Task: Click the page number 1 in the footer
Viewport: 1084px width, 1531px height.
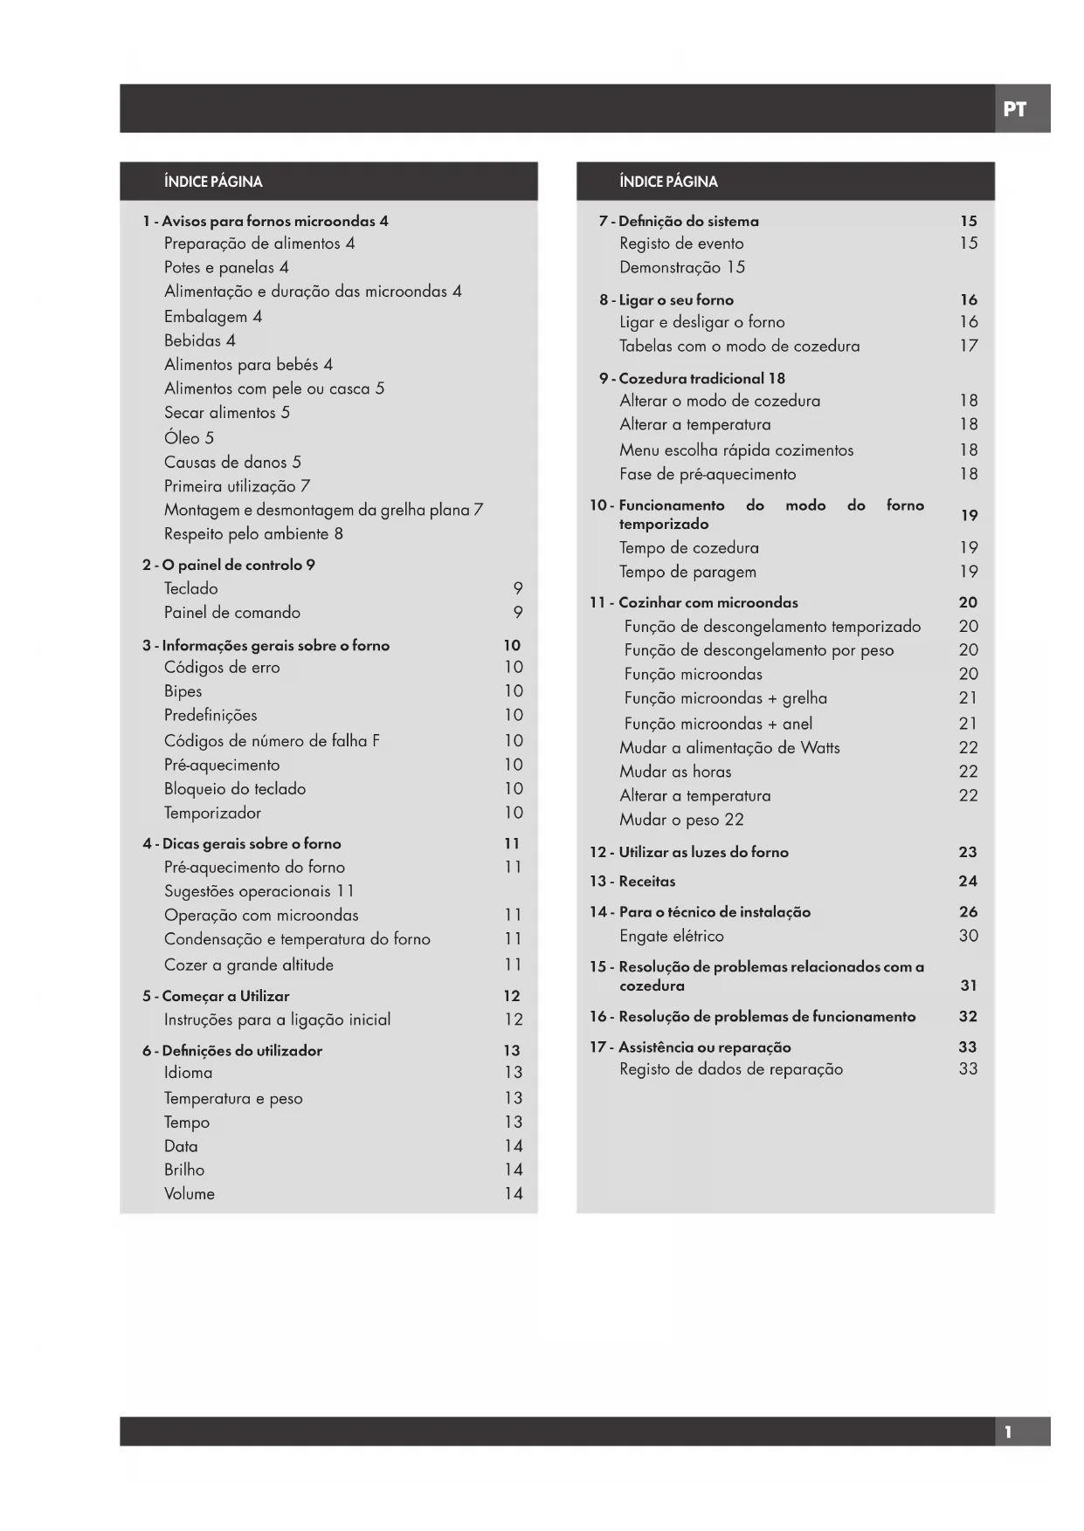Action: click(1008, 1432)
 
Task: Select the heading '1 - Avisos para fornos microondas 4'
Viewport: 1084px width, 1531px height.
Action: click(265, 221)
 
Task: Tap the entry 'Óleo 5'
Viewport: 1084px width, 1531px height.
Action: click(189, 437)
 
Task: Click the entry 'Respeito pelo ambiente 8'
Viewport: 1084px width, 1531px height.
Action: click(253, 533)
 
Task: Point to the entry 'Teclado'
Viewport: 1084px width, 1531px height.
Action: click(190, 588)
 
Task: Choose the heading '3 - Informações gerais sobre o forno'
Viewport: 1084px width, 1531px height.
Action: click(266, 645)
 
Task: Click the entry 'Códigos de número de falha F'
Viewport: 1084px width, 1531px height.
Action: click(272, 740)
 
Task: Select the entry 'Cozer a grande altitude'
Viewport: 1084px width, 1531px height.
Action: click(248, 965)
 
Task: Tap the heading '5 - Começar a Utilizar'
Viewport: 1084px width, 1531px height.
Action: click(215, 996)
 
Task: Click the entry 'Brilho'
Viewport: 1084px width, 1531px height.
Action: click(184, 1170)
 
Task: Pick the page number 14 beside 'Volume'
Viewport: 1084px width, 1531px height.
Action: click(513, 1193)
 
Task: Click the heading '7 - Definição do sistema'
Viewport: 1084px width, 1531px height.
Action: click(678, 221)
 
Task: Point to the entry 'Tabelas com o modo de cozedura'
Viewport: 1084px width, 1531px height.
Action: click(739, 346)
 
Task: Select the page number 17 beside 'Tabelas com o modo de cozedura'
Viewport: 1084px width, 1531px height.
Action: click(968, 346)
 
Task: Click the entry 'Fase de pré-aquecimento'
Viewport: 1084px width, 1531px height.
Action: click(708, 474)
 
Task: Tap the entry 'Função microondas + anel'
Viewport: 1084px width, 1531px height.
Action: click(718, 724)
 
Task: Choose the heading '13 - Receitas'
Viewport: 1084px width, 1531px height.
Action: click(632, 881)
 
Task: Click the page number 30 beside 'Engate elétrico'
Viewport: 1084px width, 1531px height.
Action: click(968, 936)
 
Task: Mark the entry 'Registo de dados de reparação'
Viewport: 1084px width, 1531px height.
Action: click(731, 1069)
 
